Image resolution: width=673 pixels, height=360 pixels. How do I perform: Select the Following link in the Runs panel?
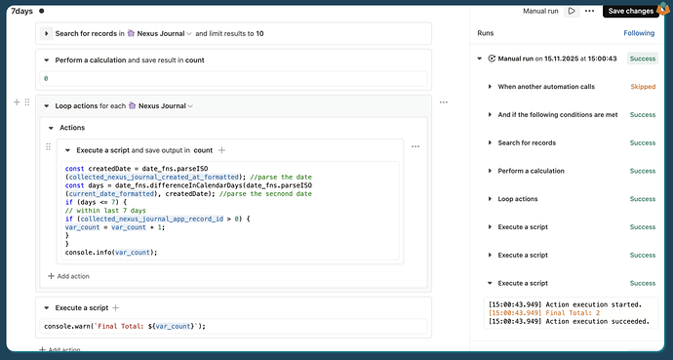coord(639,33)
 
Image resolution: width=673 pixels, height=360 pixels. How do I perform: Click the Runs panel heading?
coord(485,33)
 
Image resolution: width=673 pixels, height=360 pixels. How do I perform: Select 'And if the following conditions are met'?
coord(558,115)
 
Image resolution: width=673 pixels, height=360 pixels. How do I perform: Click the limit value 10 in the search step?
coord(259,34)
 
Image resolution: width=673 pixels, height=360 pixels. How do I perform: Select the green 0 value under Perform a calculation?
coord(46,77)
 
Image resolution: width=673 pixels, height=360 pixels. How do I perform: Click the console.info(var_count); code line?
coord(111,252)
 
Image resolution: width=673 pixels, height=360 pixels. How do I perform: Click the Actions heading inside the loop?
coord(72,127)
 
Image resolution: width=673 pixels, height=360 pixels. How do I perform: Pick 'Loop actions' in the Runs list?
coord(518,199)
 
